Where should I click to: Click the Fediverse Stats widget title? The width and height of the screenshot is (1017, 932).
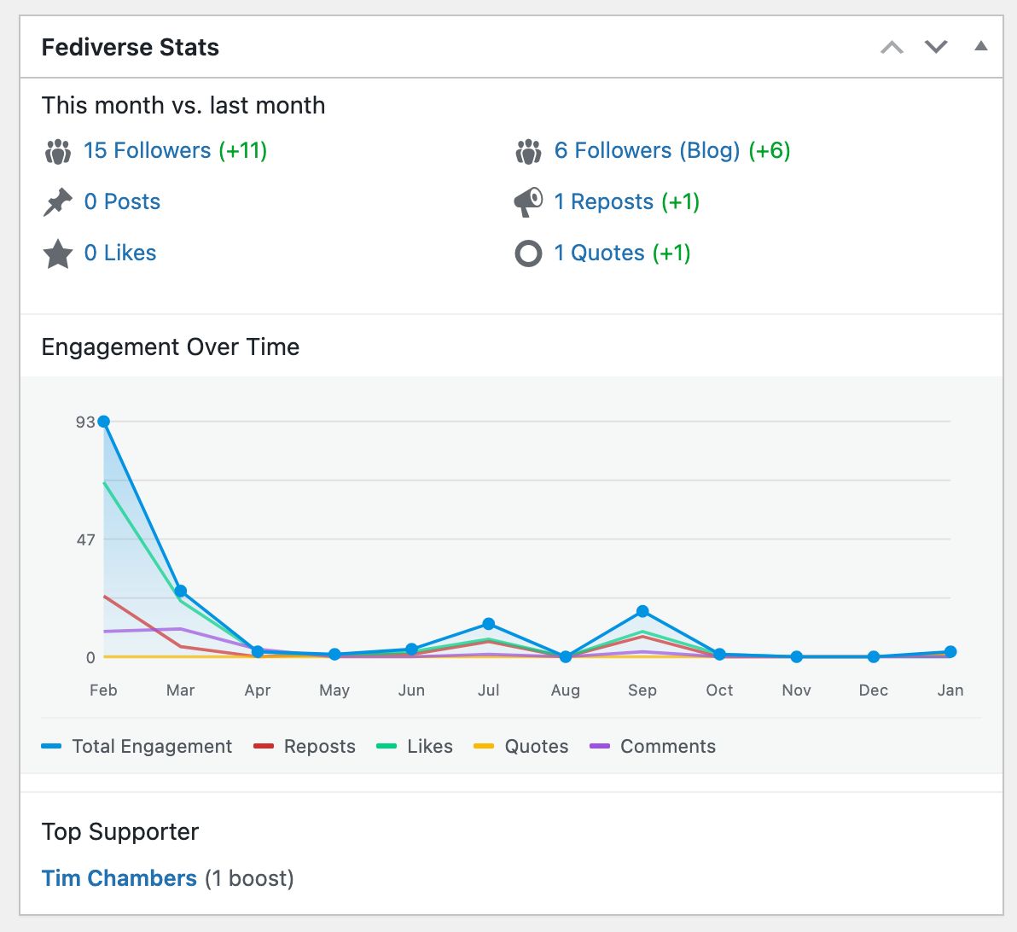(130, 47)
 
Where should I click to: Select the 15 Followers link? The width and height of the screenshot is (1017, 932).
(147, 151)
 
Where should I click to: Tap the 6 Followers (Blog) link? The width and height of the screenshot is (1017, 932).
(647, 151)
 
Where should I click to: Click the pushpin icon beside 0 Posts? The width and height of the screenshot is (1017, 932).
(58, 202)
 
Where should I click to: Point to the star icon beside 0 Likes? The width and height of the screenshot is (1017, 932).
(58, 253)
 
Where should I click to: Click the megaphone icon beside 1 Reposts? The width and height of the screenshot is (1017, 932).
(528, 202)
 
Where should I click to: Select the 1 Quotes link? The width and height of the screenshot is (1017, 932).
(599, 253)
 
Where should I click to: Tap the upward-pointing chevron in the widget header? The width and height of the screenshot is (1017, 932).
(892, 47)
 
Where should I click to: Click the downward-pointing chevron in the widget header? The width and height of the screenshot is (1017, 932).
(936, 47)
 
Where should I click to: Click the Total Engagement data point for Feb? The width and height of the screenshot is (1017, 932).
(104, 422)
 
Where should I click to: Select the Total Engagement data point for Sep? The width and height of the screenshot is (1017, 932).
(642, 611)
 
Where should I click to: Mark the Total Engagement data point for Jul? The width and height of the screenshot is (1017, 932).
(488, 624)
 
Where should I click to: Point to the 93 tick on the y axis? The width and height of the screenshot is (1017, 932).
(85, 422)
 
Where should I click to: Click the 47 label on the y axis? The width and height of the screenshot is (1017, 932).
(85, 539)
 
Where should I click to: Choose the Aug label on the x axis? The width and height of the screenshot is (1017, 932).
(565, 690)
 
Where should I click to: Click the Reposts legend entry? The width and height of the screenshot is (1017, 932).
(305, 747)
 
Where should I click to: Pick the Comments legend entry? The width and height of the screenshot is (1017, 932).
(653, 747)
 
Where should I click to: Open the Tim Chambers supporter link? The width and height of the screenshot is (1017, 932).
(119, 878)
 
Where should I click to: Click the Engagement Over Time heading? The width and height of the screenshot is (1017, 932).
(171, 347)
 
